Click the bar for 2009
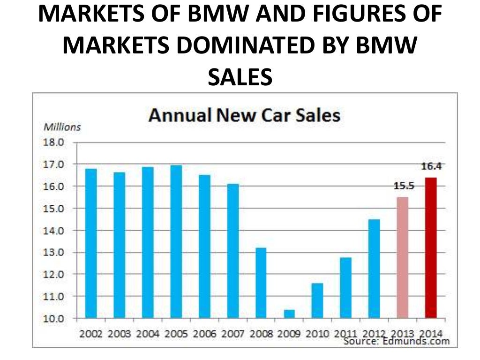coord(289,314)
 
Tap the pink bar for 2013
coord(402,257)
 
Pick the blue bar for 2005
coord(176,241)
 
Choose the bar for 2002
coord(91,243)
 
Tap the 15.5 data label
coord(403,186)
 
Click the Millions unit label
coord(62,127)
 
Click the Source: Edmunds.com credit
coord(396,341)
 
